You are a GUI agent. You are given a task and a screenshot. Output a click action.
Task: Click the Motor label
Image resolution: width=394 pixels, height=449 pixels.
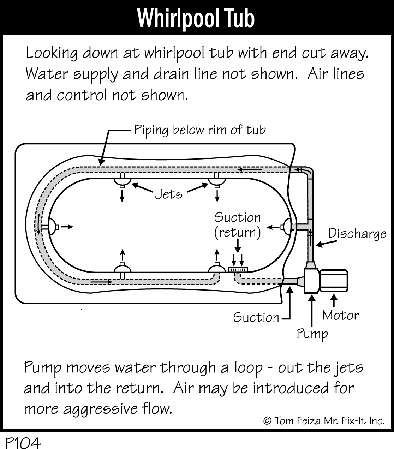[340, 315]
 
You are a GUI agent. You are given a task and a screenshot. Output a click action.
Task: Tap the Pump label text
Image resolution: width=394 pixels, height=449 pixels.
[312, 333]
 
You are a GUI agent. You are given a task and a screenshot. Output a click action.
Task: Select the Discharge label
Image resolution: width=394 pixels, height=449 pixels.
[357, 234]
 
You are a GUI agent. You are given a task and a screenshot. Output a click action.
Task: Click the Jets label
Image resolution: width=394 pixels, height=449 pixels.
[169, 194]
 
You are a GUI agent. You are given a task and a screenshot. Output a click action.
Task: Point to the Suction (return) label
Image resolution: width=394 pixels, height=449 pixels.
[238, 225]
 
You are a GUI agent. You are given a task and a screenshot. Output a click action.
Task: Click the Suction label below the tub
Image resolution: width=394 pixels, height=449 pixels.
[256, 317]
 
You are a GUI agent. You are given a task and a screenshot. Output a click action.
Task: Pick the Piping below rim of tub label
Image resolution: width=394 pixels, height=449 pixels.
[199, 130]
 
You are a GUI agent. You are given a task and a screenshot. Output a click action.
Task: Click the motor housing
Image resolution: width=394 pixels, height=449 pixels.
[334, 281]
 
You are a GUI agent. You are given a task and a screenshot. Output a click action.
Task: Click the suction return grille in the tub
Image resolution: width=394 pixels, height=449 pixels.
[238, 269]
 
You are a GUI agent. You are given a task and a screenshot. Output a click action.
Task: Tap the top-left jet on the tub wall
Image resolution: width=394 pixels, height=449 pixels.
[122, 180]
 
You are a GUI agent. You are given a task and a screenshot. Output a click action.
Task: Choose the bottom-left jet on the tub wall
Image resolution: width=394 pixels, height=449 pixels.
[122, 268]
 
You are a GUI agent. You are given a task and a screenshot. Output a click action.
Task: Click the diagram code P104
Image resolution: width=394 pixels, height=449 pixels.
[23, 442]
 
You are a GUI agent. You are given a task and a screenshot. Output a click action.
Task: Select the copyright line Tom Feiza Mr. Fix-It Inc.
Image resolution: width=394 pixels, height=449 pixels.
[324, 421]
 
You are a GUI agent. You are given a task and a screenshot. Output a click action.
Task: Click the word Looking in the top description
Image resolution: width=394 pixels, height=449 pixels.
[52, 53]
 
